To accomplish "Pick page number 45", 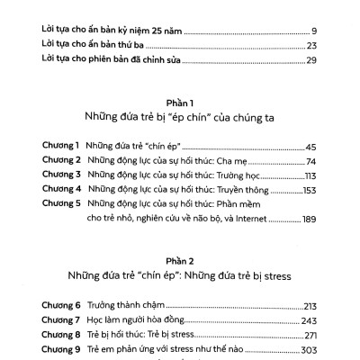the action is pos(310,145).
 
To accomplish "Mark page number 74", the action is pos(310,160).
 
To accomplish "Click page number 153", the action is pos(309,189).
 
